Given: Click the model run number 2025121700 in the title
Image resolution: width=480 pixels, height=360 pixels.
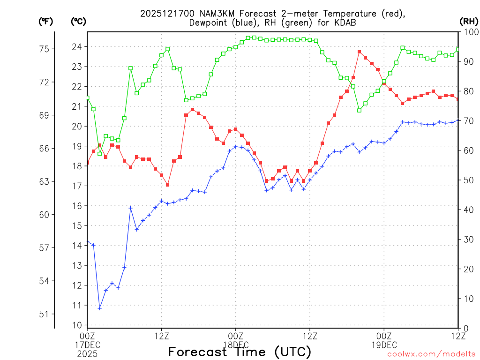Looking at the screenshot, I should point(164,14).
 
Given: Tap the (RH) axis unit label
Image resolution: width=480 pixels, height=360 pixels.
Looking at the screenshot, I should point(468,21).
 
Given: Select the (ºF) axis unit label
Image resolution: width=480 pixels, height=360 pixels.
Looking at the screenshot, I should point(46,21).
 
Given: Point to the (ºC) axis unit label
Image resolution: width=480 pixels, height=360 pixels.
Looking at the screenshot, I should point(78,21).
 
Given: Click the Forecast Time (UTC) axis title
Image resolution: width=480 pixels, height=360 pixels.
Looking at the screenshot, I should point(240,352).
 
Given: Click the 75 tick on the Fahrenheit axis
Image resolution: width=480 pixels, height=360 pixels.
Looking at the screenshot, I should point(46,49).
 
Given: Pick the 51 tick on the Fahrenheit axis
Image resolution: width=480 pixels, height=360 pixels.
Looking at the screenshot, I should point(46,314).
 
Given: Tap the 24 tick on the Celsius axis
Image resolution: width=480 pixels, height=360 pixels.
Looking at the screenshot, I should point(77,47).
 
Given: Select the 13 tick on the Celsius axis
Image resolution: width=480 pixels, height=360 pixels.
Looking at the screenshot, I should point(77,265).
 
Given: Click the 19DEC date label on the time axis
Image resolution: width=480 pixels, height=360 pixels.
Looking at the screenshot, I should point(384,345).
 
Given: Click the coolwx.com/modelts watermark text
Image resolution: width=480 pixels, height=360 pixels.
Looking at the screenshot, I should point(431,354).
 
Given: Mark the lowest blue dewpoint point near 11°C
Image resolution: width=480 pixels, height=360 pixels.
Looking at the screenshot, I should point(99,308).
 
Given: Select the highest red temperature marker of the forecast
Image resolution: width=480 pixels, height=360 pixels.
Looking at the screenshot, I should point(359,52).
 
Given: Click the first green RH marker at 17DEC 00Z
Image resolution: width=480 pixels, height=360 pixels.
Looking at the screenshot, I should point(87,97).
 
